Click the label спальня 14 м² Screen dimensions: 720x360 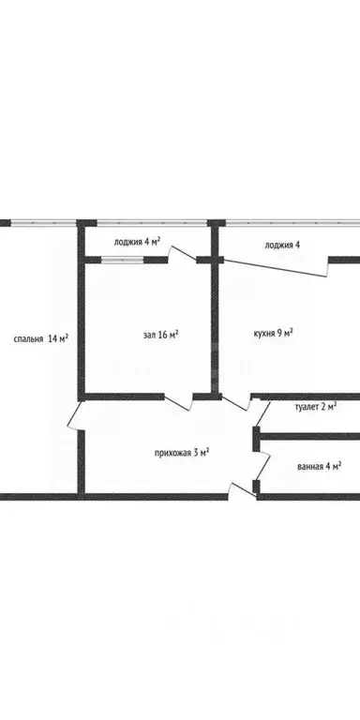coord(39,339)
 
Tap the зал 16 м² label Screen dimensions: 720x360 coord(160,334)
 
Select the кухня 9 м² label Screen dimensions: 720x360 coord(274,333)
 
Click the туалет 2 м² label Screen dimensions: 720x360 coord(316,407)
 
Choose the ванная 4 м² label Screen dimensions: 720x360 coord(318,466)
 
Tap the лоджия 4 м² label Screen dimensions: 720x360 coord(137,241)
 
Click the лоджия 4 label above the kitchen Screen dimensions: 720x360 coord(282,246)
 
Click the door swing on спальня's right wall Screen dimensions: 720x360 coord(73,417)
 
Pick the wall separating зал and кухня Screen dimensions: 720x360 coord(216,328)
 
